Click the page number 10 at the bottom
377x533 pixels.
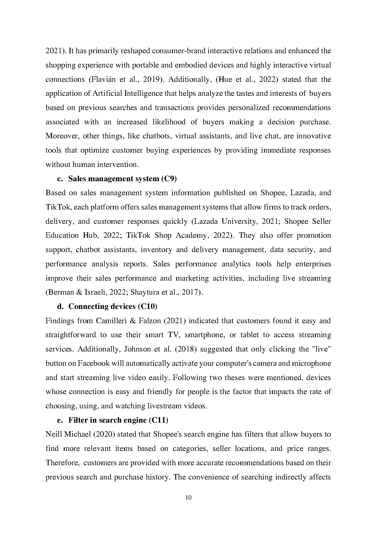[x=188, y=498]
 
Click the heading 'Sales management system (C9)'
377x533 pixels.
[x=122, y=179]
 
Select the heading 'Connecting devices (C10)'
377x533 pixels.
[x=113, y=306]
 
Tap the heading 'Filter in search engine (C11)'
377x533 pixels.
[x=118, y=420]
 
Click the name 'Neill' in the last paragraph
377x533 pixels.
[x=53, y=434]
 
